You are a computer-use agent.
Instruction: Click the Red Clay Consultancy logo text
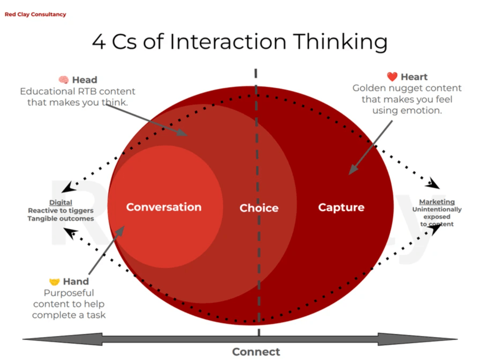coord(35,14)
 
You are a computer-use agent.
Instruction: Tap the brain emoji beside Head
coord(64,80)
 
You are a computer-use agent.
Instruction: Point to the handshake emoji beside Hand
coord(55,282)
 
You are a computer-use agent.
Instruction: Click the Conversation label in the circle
coord(164,208)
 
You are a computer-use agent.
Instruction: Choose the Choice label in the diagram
coord(259,208)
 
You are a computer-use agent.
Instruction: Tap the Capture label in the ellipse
coord(341,208)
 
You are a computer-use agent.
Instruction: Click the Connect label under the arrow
coord(256,351)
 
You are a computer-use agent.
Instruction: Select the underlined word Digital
coord(60,203)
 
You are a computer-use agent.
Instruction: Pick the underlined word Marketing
coord(437,202)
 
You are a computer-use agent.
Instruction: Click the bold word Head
coord(85,80)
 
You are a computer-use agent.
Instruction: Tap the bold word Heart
coord(414,77)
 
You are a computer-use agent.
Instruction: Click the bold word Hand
coord(76,282)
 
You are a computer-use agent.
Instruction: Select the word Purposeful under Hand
coord(69,293)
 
